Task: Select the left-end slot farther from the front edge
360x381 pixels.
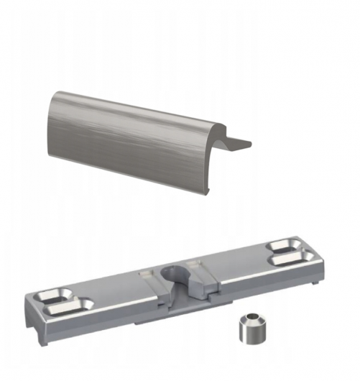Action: click(x=54, y=295)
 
